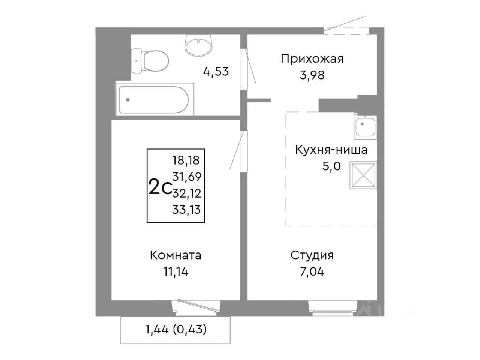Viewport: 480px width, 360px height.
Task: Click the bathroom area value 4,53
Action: point(216,71)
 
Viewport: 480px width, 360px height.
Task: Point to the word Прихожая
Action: point(312,59)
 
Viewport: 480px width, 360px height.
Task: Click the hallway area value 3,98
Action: point(312,75)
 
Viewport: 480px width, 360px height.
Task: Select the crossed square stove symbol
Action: point(363,175)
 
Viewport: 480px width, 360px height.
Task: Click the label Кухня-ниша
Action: point(331,150)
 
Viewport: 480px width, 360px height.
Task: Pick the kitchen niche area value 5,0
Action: point(331,166)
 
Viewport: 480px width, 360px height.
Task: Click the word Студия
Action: point(312,255)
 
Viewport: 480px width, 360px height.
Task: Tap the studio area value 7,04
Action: point(312,271)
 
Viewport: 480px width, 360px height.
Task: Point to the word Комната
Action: point(175,255)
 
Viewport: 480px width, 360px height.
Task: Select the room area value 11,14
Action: point(175,271)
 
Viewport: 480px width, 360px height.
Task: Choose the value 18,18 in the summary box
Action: point(186,160)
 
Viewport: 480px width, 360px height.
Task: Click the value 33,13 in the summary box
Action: point(186,210)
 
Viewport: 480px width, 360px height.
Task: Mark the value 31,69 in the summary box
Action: point(187,176)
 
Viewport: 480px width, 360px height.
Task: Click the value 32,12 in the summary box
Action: point(187,193)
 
